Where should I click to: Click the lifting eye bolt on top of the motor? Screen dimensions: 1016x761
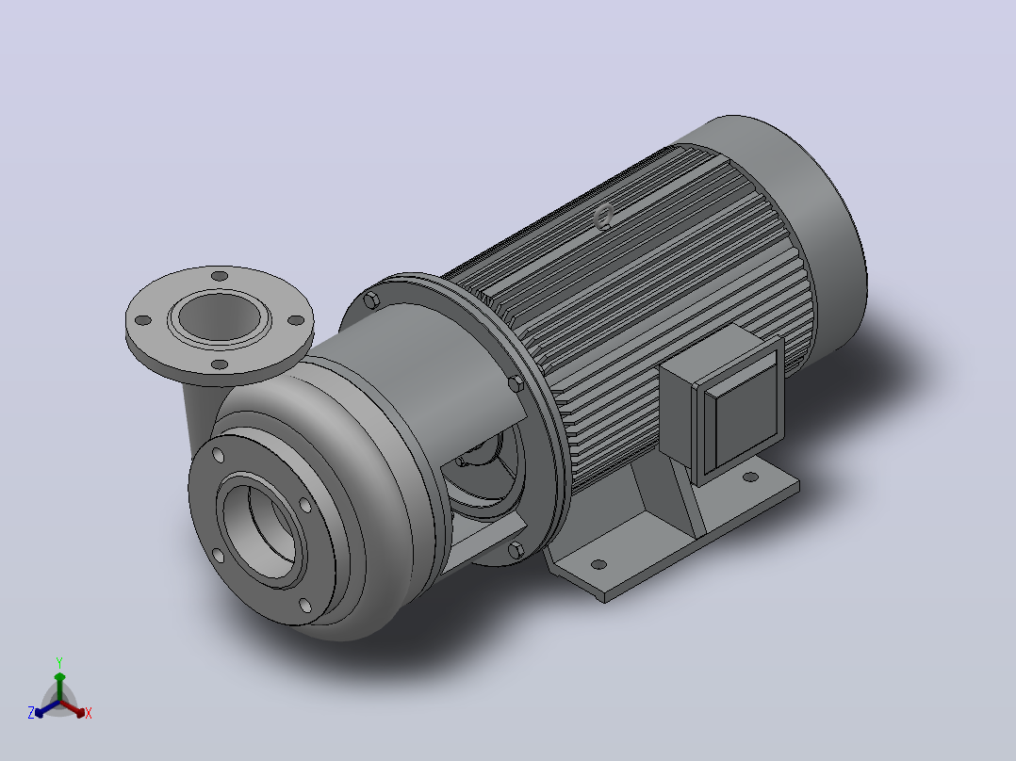(604, 216)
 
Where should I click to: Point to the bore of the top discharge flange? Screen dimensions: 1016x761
(220, 316)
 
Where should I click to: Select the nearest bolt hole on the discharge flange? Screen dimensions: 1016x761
(221, 364)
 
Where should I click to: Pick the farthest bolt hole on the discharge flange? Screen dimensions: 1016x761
(221, 277)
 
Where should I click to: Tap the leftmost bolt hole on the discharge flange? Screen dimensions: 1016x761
(143, 320)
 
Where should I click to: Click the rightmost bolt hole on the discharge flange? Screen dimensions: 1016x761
(296, 320)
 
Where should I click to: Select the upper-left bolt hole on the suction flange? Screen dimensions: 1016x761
(219, 456)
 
